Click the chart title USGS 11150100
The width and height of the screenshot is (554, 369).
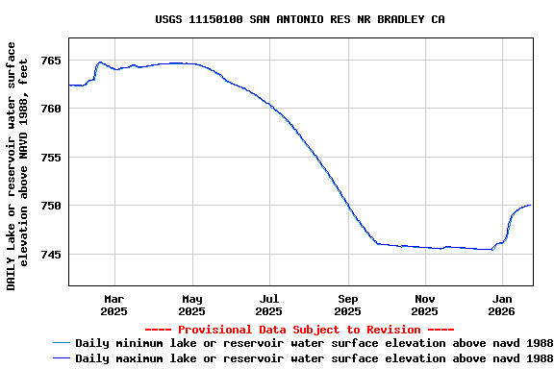click(x=299, y=19)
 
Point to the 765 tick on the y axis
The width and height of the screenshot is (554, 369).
click(x=51, y=61)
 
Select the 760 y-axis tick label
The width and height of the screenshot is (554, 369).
click(x=51, y=109)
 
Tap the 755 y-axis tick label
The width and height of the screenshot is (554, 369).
click(x=51, y=158)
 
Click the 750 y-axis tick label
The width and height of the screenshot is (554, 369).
click(x=51, y=206)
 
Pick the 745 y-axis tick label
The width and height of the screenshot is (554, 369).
click(x=51, y=255)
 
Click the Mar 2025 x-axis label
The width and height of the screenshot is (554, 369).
click(x=114, y=305)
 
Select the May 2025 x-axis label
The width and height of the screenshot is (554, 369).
click(x=192, y=305)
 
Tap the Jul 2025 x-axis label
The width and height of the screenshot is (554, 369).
click(x=270, y=305)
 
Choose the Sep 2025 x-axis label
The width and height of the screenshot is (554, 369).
click(x=348, y=305)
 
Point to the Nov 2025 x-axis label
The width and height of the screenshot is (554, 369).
click(x=425, y=305)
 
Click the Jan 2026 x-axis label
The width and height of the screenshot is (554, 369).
click(x=502, y=305)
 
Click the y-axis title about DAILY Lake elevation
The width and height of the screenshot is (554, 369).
click(x=17, y=165)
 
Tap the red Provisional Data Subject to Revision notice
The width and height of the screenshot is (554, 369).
click(x=299, y=330)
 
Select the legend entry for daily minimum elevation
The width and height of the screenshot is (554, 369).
click(x=314, y=343)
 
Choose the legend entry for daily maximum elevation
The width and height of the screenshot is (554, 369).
click(x=314, y=358)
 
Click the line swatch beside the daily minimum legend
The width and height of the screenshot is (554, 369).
click(x=63, y=343)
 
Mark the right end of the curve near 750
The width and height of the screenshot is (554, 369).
click(x=530, y=206)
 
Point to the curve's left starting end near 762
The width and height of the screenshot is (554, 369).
click(x=69, y=85)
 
